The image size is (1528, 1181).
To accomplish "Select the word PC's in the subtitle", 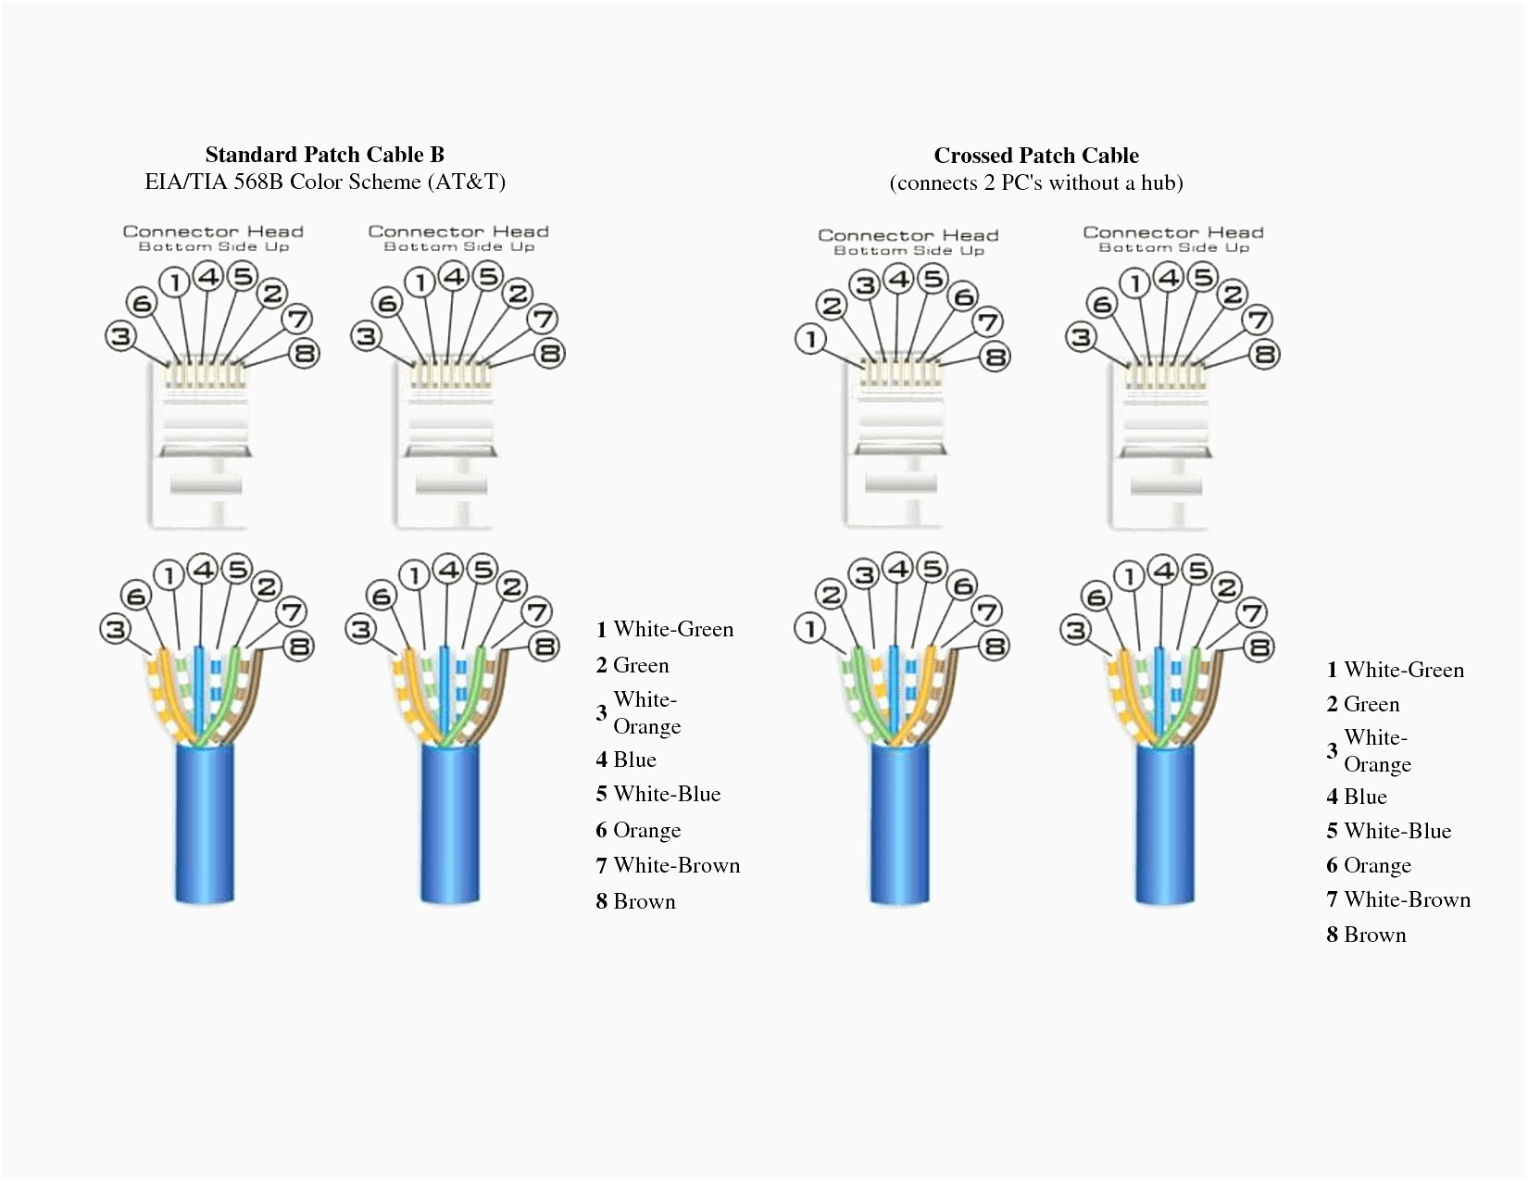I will point(1021,182).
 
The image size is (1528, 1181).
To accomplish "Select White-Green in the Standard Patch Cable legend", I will point(673,630).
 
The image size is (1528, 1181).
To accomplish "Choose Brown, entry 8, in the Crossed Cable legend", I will point(1374,936).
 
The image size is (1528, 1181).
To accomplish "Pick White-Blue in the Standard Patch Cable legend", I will point(667,795).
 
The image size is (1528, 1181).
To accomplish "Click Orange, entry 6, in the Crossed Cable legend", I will point(1377,866).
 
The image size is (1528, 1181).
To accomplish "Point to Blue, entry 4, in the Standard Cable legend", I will point(634,760).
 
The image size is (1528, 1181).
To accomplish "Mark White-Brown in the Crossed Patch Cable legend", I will point(1407,900).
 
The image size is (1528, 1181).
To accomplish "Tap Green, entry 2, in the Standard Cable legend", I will point(641,666).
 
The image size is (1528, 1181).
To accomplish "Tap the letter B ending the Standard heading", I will point(436,155).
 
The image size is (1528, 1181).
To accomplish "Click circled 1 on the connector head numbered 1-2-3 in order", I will point(811,339).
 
